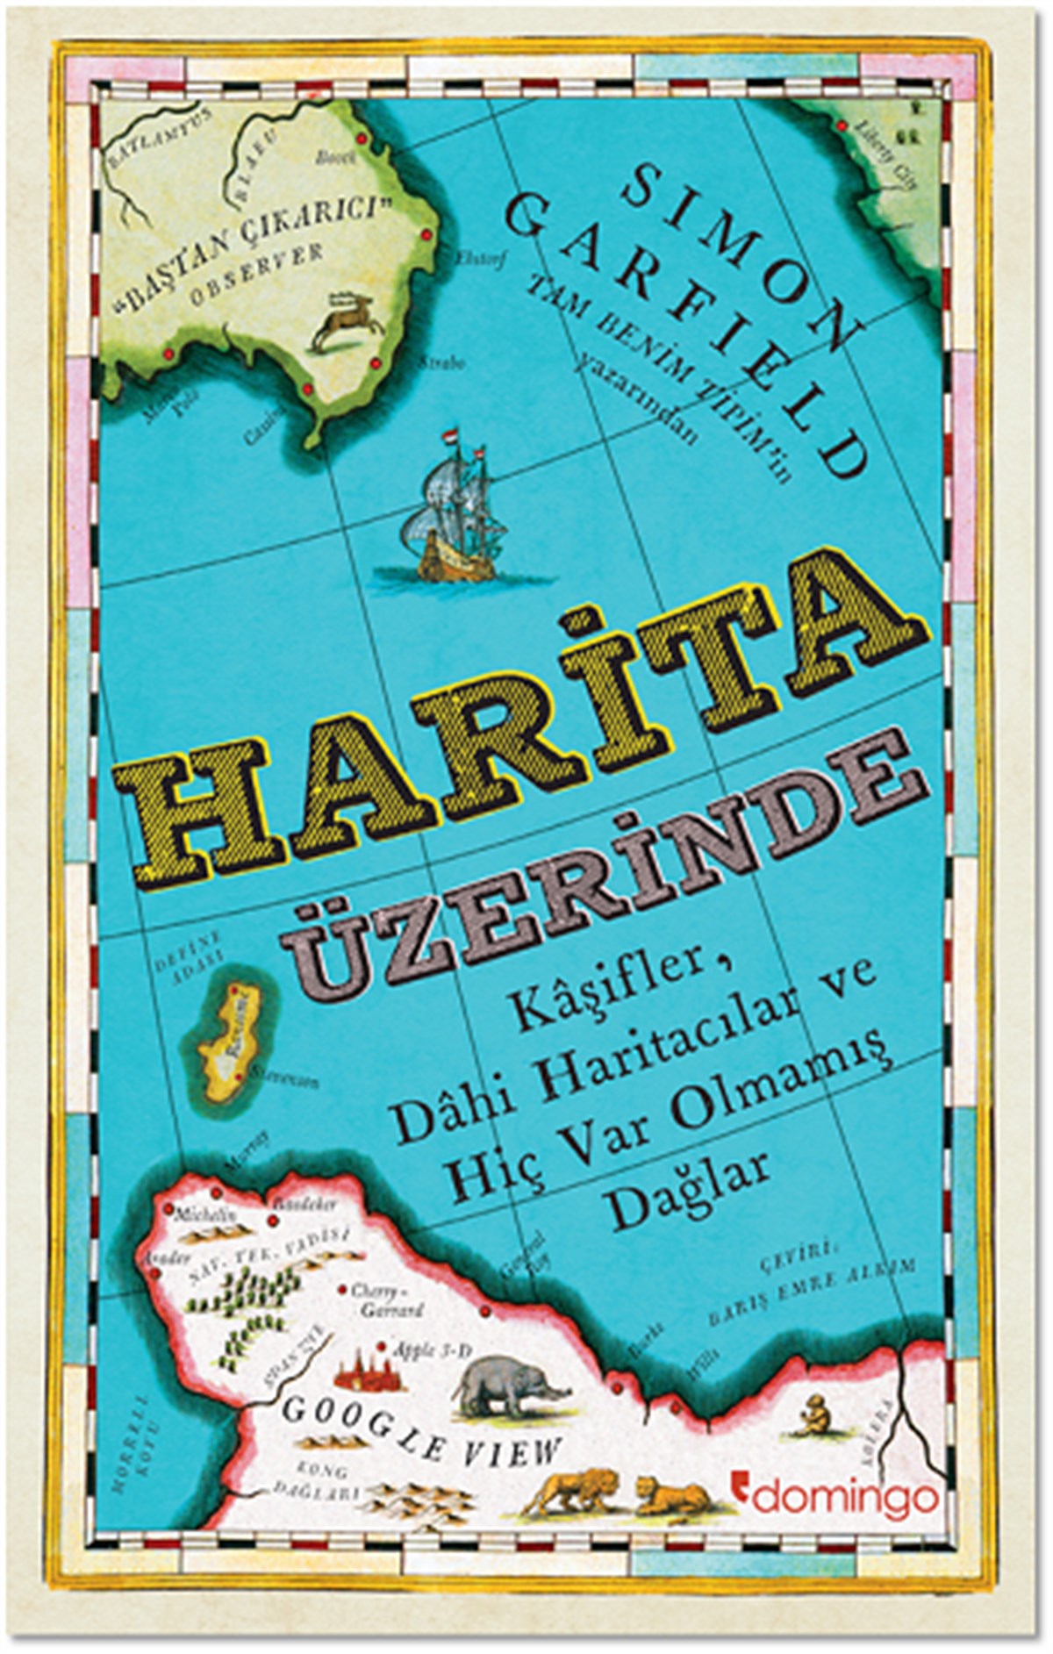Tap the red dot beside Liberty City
point(842,127)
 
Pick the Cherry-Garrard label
point(386,1300)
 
